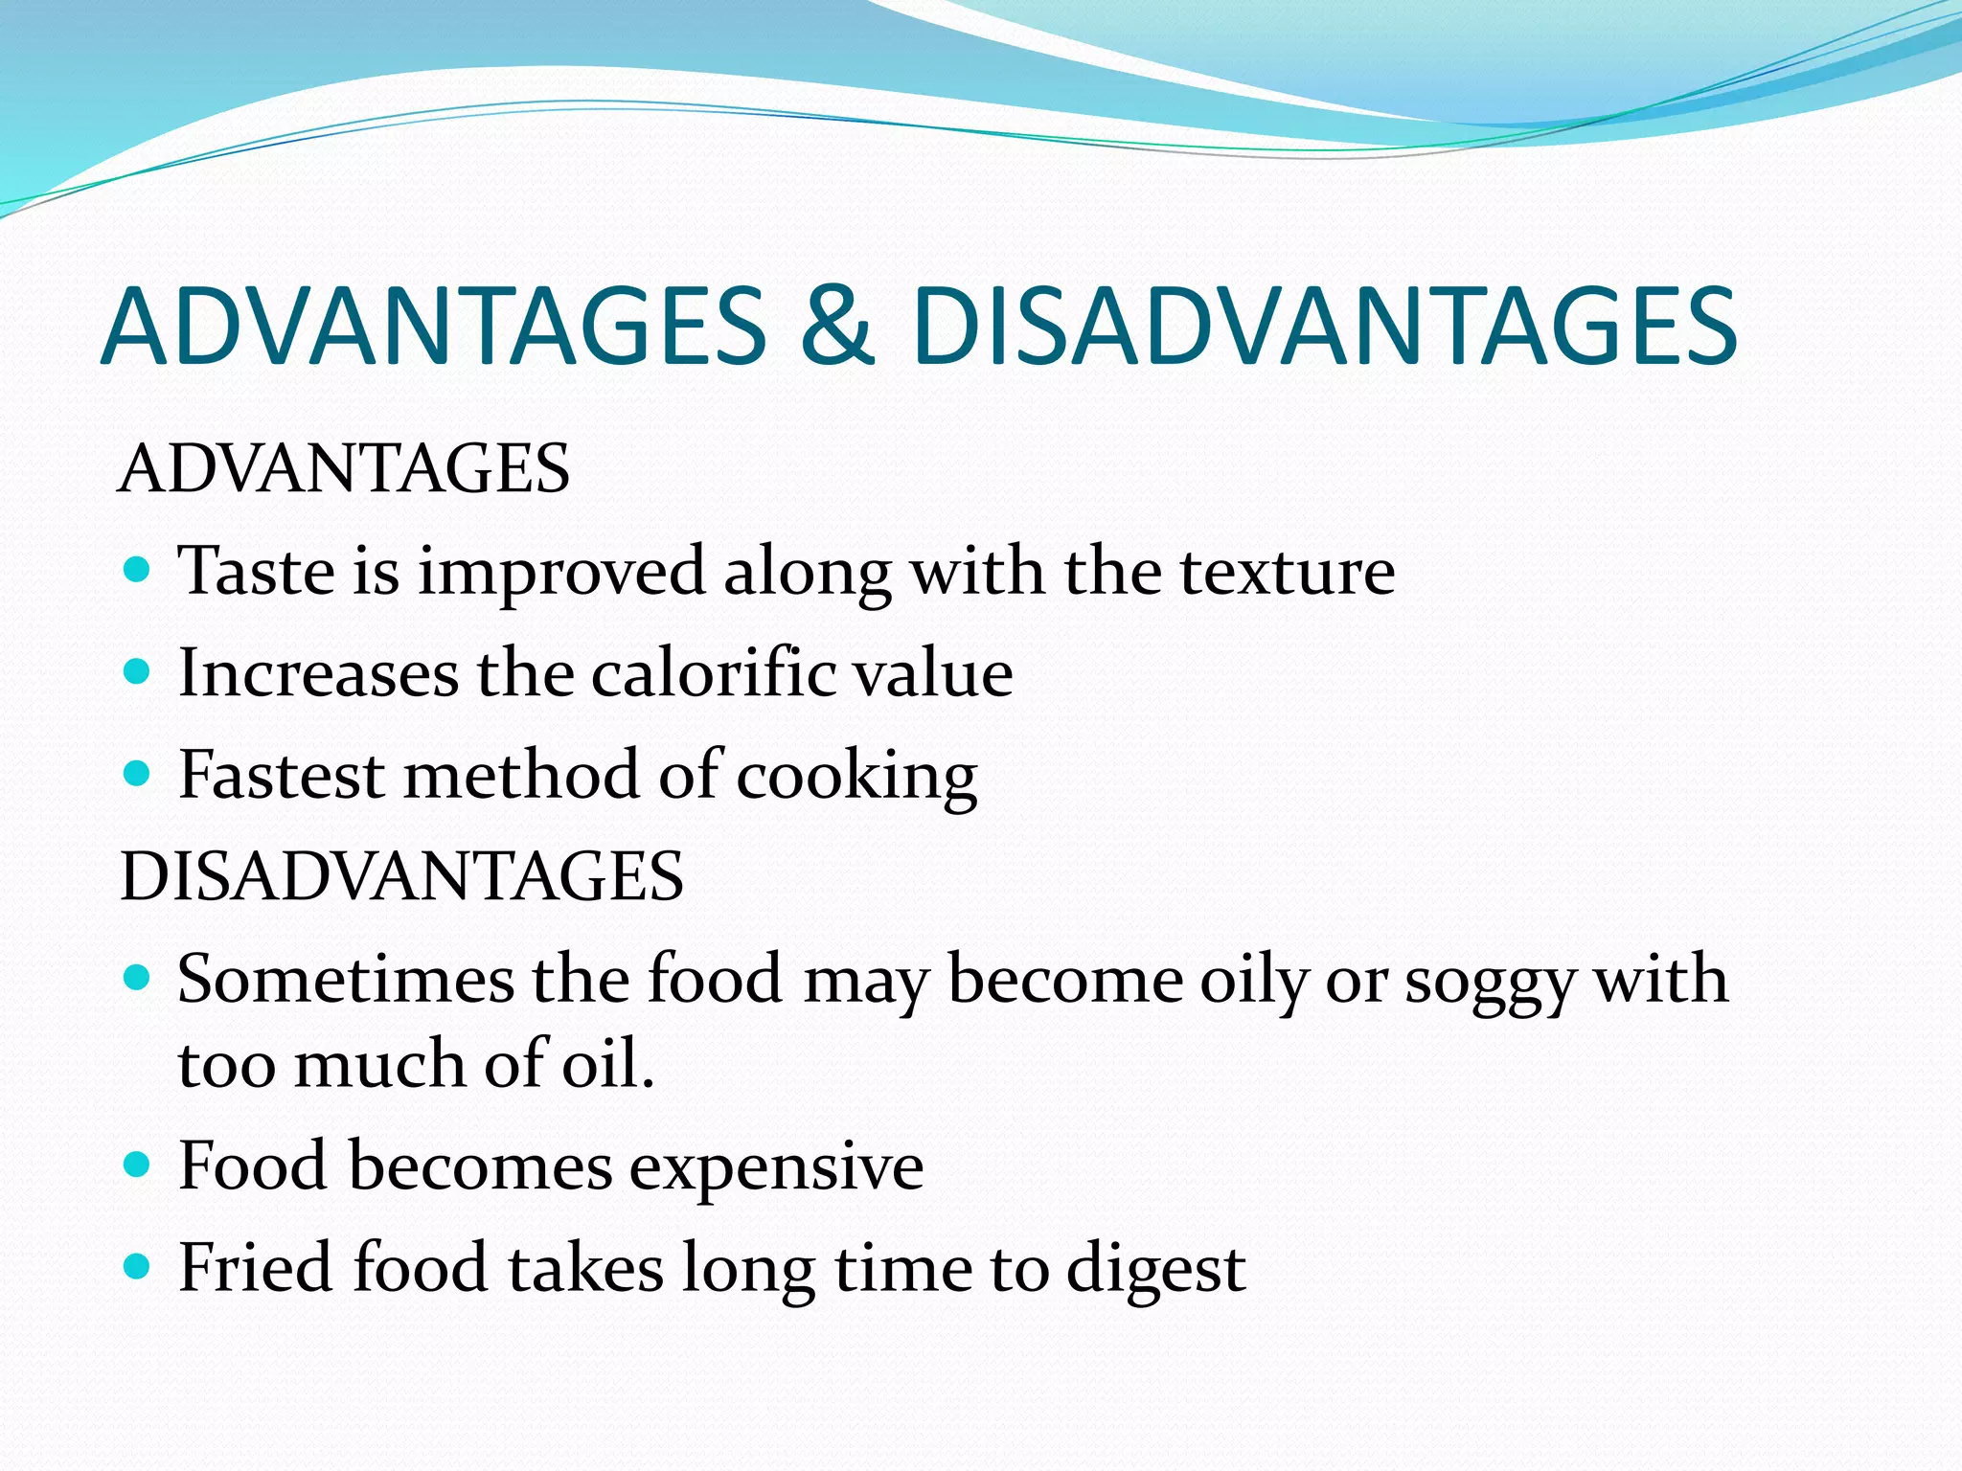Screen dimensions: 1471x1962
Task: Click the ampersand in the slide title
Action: tap(837, 327)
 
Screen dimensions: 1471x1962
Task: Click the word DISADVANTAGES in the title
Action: tap(1324, 327)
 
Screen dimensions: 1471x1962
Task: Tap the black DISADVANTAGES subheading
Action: tap(401, 876)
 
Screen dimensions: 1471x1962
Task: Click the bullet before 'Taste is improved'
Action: tap(138, 571)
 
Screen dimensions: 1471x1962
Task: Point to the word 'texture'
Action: tap(1287, 572)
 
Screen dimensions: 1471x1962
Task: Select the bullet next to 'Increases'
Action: tap(138, 672)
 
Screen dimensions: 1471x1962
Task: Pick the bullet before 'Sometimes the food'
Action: tap(138, 978)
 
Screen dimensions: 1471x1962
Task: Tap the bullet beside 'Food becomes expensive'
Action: tap(138, 1165)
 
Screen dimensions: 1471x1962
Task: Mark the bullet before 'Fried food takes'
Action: tap(138, 1267)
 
